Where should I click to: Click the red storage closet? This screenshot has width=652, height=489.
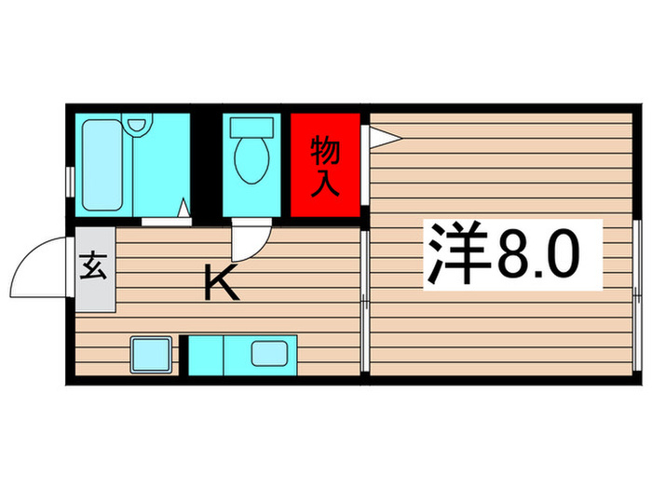tap(324, 165)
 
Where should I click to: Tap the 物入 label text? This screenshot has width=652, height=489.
tap(324, 165)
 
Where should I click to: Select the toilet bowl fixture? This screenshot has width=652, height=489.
tap(250, 160)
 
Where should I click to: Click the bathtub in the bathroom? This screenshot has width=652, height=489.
tap(104, 165)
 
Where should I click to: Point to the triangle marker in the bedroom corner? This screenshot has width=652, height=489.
tap(383, 138)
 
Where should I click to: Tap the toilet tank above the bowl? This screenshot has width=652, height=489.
tap(250, 127)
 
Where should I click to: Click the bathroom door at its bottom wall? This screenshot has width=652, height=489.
tap(167, 221)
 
